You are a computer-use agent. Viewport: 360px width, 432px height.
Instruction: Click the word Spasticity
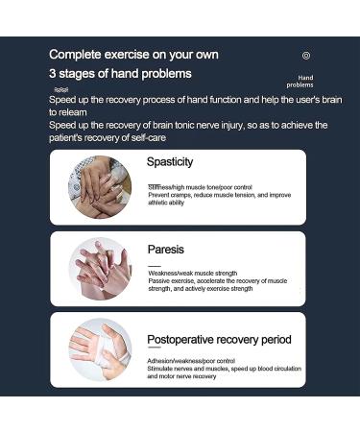[170, 162]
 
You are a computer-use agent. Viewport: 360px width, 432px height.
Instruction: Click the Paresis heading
[165, 249]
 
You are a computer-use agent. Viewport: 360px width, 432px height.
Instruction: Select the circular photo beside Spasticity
[99, 185]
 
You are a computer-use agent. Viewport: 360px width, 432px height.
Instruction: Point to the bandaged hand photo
[99, 349]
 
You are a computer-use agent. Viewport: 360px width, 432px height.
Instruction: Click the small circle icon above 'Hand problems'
[306, 56]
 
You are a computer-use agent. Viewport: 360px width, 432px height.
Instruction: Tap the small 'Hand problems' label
[305, 81]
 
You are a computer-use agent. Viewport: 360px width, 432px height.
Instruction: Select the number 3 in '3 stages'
[53, 74]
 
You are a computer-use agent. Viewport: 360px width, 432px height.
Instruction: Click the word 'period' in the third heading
[275, 339]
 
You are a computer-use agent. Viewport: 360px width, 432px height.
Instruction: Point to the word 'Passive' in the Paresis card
[159, 281]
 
